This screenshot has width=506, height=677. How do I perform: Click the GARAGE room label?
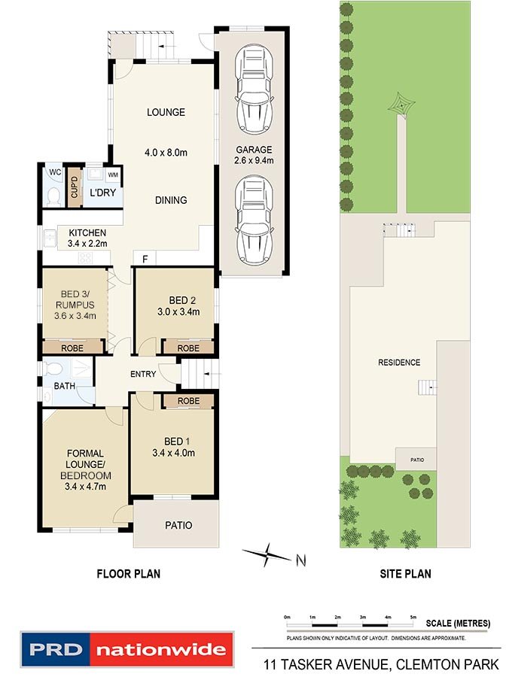(254, 150)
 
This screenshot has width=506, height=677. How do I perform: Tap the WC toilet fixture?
(54, 196)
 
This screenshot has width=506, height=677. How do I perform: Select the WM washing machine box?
(113, 175)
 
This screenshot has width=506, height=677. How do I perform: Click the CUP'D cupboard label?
(75, 187)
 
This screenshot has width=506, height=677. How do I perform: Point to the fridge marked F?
(145, 259)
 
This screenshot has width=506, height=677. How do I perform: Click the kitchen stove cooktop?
(85, 258)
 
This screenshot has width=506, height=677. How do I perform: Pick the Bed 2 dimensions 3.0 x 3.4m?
(178, 311)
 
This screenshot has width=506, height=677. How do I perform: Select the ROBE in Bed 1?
(188, 401)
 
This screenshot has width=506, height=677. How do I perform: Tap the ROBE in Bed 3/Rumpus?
(72, 348)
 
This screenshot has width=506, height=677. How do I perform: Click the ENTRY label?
(143, 374)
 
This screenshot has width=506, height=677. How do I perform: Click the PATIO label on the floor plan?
(178, 525)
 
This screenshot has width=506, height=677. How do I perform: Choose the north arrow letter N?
(301, 560)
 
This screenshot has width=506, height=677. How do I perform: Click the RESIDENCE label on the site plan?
(399, 363)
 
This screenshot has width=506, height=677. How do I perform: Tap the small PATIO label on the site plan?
(417, 460)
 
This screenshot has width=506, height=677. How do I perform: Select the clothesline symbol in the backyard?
(402, 104)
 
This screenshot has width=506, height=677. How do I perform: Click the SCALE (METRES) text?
(458, 623)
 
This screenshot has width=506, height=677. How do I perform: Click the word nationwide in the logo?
(160, 649)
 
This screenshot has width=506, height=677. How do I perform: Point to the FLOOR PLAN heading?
(128, 573)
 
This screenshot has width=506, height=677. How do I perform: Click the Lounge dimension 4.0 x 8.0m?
(166, 153)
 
